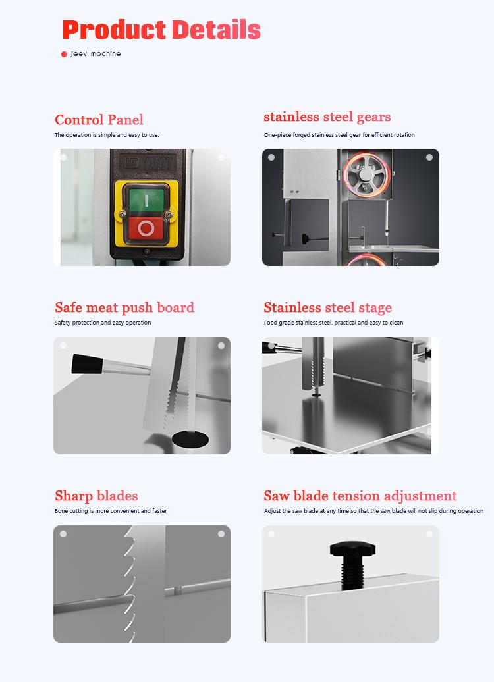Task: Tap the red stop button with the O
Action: pyautogui.click(x=146, y=228)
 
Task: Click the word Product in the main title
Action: pyautogui.click(x=113, y=30)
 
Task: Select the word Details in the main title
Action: pyautogui.click(x=216, y=30)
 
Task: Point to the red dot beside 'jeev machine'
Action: pyautogui.click(x=64, y=54)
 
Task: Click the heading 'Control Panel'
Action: pyautogui.click(x=99, y=120)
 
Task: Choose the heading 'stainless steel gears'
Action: pyautogui.click(x=327, y=117)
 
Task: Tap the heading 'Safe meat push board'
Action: pyautogui.click(x=124, y=307)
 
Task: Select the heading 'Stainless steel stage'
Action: pyautogui.click(x=327, y=307)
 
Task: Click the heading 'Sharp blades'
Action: pyautogui.click(x=96, y=496)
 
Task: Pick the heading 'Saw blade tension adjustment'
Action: pyautogui.click(x=360, y=496)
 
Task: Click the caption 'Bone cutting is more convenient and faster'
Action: pyautogui.click(x=110, y=511)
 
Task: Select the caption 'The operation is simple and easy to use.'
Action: pyautogui.click(x=106, y=135)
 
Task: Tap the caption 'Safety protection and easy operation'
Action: pyautogui.click(x=102, y=323)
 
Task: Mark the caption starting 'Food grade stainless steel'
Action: pyautogui.click(x=333, y=323)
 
